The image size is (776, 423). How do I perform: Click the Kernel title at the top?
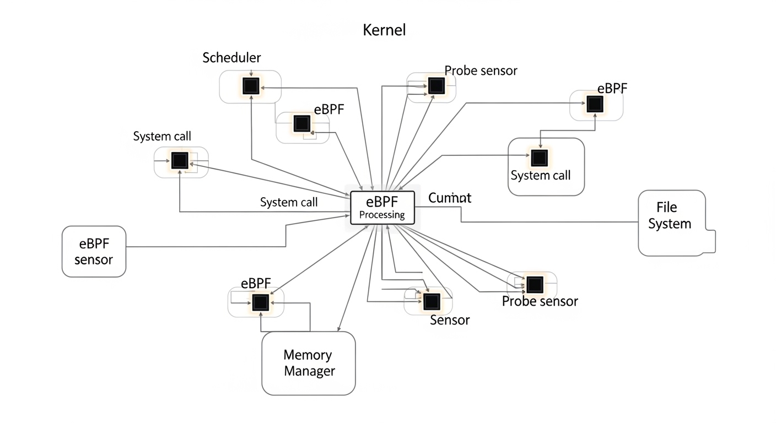pos(384,30)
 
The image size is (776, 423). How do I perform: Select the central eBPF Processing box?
pos(382,207)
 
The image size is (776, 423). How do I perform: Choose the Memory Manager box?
pos(309,362)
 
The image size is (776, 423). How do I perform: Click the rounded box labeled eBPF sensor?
pos(94,251)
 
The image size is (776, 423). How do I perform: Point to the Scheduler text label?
pos(231,58)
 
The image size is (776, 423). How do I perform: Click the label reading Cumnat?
pos(449,198)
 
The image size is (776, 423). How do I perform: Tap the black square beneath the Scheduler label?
pos(251,86)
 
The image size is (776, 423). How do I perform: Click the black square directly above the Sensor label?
pos(432,301)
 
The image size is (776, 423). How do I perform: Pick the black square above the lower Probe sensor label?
pos(534,285)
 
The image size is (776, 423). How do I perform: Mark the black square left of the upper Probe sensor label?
pos(436,85)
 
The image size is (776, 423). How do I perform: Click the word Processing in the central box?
pos(382,215)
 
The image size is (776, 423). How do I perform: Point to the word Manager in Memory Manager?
pos(309,371)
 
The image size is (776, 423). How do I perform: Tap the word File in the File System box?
pos(666,208)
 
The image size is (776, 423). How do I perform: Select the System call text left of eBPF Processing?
pos(289,202)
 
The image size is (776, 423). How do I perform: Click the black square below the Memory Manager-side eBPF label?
pos(260,302)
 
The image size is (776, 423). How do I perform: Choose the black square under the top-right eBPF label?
pos(594,104)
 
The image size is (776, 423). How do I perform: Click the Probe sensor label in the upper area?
pos(481,70)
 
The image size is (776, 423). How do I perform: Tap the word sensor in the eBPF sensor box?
pos(94,259)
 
